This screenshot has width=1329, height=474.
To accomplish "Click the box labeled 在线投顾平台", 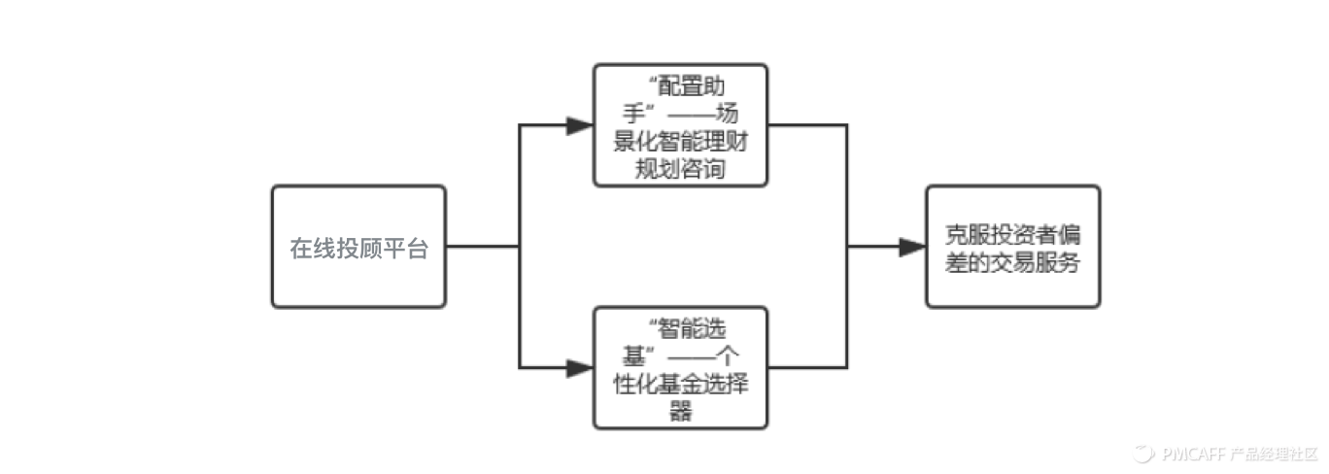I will [358, 247].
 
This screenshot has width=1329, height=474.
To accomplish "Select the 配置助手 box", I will [680, 124].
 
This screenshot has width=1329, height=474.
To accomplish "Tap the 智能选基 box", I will [680, 367].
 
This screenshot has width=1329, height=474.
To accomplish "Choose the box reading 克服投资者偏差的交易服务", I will [1012, 247].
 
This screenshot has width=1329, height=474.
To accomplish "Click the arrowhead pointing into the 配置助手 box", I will [580, 125].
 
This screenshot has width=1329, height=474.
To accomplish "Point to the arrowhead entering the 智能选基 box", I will [580, 368].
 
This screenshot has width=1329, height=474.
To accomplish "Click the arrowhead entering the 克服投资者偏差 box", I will [912, 248].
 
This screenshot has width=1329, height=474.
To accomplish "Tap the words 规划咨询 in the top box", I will [680, 169].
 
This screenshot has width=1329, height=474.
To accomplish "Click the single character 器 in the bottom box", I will [680, 411].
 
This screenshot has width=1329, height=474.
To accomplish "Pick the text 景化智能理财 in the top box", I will [680, 147].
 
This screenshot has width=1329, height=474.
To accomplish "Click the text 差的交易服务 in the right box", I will [1012, 262].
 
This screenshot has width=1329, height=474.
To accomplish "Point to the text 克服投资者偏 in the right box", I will [1012, 236].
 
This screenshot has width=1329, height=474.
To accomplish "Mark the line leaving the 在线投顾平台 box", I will [482, 247].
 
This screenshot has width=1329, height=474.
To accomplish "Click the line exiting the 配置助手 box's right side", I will [806, 125].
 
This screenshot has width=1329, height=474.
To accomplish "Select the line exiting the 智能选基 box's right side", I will [806, 368].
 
